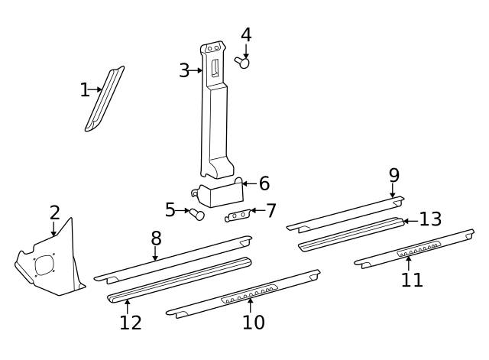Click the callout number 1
(x=84, y=90)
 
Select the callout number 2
(x=54, y=213)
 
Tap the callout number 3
(x=184, y=71)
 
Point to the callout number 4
(x=246, y=35)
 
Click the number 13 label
(x=430, y=219)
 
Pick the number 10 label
(x=253, y=322)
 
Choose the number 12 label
(x=131, y=322)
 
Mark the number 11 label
(x=412, y=280)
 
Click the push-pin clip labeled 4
(x=243, y=63)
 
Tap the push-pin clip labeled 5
(x=197, y=216)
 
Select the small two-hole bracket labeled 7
(x=238, y=216)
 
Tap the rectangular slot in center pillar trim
(x=215, y=68)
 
